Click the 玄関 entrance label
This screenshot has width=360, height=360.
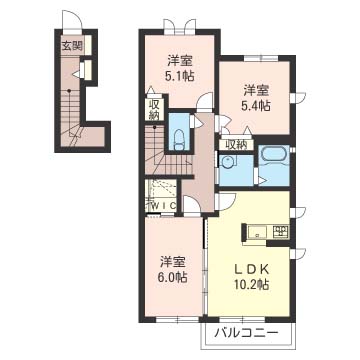point(72,46)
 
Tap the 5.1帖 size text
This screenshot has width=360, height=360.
point(180,77)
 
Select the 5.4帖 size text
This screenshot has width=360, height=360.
point(256,106)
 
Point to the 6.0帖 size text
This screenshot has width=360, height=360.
point(173,277)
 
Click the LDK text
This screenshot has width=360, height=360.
point(252,269)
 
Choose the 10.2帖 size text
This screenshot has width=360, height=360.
point(252,284)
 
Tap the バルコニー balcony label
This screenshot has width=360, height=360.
point(246,333)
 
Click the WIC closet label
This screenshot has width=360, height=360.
point(163,206)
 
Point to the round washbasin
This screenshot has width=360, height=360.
point(228,162)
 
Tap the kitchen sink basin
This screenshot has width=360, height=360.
point(257,232)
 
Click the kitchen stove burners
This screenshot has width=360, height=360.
point(281,232)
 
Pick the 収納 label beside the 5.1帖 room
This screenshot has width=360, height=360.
point(154,110)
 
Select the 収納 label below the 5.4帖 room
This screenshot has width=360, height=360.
point(236,145)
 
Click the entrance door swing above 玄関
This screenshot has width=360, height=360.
point(72,20)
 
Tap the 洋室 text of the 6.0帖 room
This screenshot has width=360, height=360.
point(173,262)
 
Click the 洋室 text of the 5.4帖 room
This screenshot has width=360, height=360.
point(256,91)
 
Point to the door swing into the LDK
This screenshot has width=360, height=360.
point(226,201)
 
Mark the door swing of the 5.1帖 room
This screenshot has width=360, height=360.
point(205,100)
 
